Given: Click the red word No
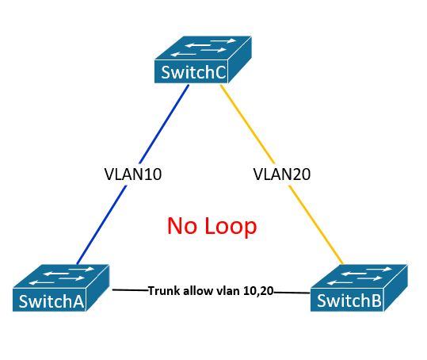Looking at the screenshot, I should pyautogui.click(x=181, y=226).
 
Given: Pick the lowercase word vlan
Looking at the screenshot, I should pyautogui.click(x=231, y=291).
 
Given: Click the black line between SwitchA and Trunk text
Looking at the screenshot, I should pyautogui.click(x=129, y=290).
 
